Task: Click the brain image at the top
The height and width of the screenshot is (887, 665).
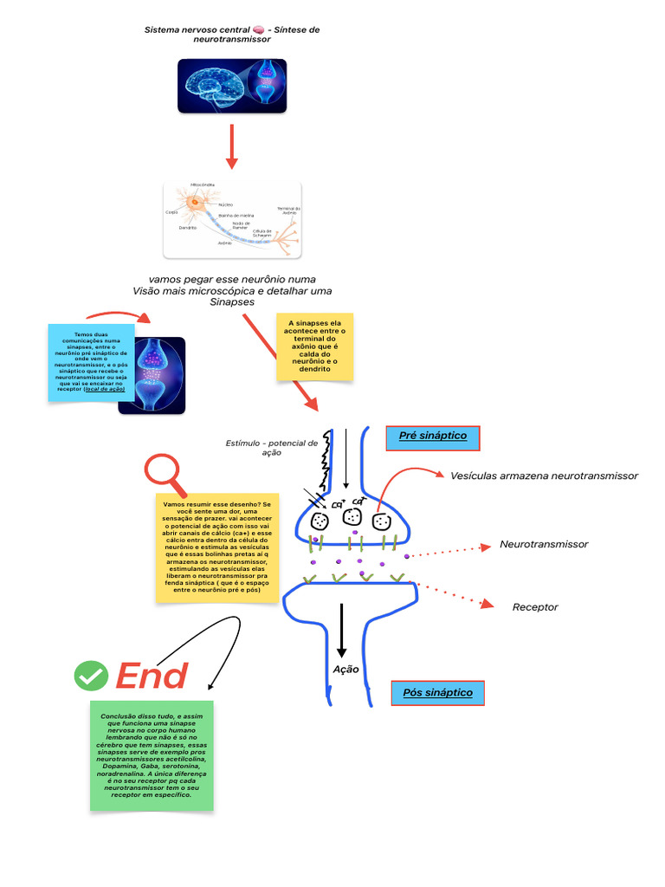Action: (x=231, y=86)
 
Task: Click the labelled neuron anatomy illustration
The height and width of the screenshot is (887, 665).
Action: (x=232, y=220)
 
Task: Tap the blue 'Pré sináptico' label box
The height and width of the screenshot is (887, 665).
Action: (x=432, y=438)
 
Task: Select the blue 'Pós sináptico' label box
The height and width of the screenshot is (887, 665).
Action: (x=437, y=693)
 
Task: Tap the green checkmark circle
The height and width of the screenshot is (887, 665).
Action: (x=91, y=676)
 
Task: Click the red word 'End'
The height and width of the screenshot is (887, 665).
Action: (x=152, y=677)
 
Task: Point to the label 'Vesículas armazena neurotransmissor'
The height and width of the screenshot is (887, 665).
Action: (x=544, y=476)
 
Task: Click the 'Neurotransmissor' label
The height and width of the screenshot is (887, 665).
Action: (x=544, y=544)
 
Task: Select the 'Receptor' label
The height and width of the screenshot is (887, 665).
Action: (x=535, y=607)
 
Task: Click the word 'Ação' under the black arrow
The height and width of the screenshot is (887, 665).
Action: (x=345, y=670)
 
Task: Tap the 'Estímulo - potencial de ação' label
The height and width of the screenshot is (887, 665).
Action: (x=272, y=447)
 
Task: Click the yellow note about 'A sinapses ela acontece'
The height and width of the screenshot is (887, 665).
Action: (x=315, y=346)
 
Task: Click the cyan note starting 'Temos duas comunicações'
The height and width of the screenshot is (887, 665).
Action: (x=92, y=362)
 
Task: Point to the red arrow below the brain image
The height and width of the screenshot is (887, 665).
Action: (x=231, y=145)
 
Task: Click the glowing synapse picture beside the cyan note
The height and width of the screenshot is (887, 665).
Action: (x=152, y=375)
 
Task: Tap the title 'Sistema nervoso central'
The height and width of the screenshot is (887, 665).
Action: (x=231, y=34)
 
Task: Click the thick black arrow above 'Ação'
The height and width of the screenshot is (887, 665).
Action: (x=342, y=630)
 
